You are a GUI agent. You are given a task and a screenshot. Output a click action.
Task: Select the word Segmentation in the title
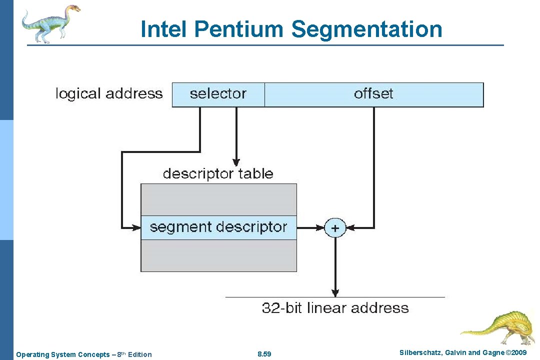366,29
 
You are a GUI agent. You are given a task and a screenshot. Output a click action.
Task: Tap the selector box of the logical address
218,94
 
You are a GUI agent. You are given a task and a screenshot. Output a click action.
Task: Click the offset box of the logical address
373,94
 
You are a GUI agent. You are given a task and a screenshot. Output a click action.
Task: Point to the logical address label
109,94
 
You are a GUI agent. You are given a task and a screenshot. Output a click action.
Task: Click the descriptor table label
218,174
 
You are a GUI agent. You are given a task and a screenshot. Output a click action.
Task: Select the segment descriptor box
218,227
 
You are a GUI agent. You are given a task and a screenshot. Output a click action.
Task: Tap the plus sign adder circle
335,228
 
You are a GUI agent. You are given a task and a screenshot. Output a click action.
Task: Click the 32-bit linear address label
335,308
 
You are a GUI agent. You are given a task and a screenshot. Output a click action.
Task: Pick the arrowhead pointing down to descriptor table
236,162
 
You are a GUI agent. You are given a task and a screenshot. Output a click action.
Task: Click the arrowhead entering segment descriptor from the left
136,227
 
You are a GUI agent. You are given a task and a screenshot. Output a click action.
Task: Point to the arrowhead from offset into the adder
351,228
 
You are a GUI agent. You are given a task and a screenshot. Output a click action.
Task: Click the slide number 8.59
264,354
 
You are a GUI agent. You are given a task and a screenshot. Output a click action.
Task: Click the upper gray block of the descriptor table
218,199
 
